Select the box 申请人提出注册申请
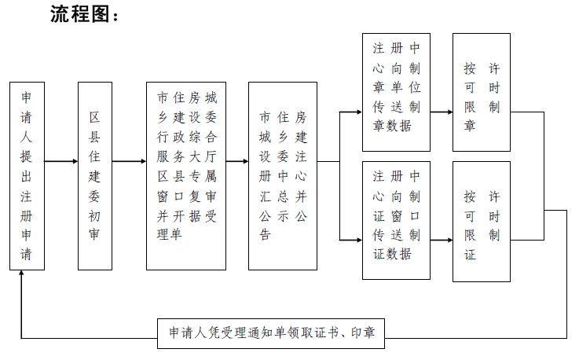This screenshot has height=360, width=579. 27,176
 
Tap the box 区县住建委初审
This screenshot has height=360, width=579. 95,176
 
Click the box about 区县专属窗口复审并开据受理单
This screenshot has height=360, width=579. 186,176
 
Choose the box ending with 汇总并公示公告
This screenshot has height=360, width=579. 282,176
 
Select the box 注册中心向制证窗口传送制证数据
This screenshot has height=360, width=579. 396,220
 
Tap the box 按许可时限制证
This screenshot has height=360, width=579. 481,220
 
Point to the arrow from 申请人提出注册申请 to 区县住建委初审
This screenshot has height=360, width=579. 60,162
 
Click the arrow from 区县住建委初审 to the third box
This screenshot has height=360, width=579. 129,162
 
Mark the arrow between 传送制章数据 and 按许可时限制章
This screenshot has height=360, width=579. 442,112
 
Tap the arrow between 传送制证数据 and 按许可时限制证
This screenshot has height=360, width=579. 442,237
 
